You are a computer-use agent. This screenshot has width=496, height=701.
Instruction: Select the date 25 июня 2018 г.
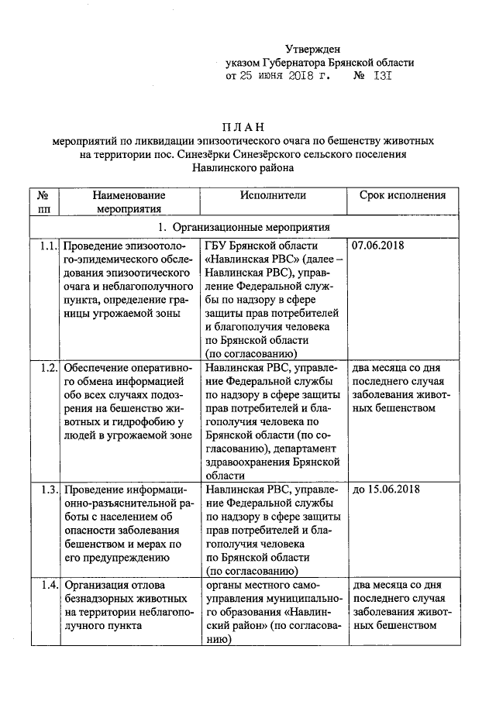tap(291, 77)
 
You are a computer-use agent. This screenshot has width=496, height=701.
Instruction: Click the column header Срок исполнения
tap(402, 196)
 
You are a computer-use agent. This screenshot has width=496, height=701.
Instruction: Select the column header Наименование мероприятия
tap(129, 202)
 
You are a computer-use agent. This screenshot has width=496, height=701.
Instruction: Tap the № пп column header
tap(44, 202)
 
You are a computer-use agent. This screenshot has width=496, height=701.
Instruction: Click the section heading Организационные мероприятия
tap(251, 228)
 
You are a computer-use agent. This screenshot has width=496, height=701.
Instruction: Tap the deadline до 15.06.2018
tap(385, 490)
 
